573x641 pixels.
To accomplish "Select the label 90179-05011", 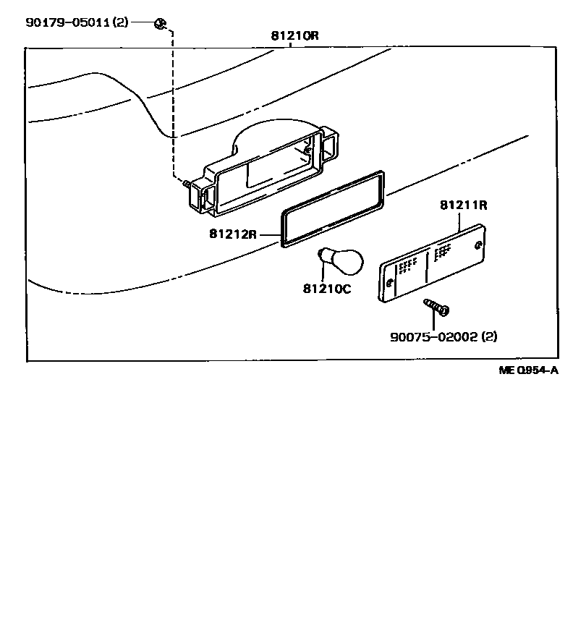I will (x=67, y=22).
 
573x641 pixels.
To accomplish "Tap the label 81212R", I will (x=233, y=234).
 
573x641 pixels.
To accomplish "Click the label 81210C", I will (x=326, y=289).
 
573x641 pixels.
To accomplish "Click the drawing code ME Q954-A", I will (x=529, y=370).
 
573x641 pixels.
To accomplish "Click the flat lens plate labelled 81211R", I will (x=432, y=265).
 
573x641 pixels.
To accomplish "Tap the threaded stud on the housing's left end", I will (x=187, y=184).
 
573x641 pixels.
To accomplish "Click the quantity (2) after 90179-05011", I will (x=121, y=22).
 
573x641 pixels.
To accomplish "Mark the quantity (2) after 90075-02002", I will (x=489, y=336).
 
